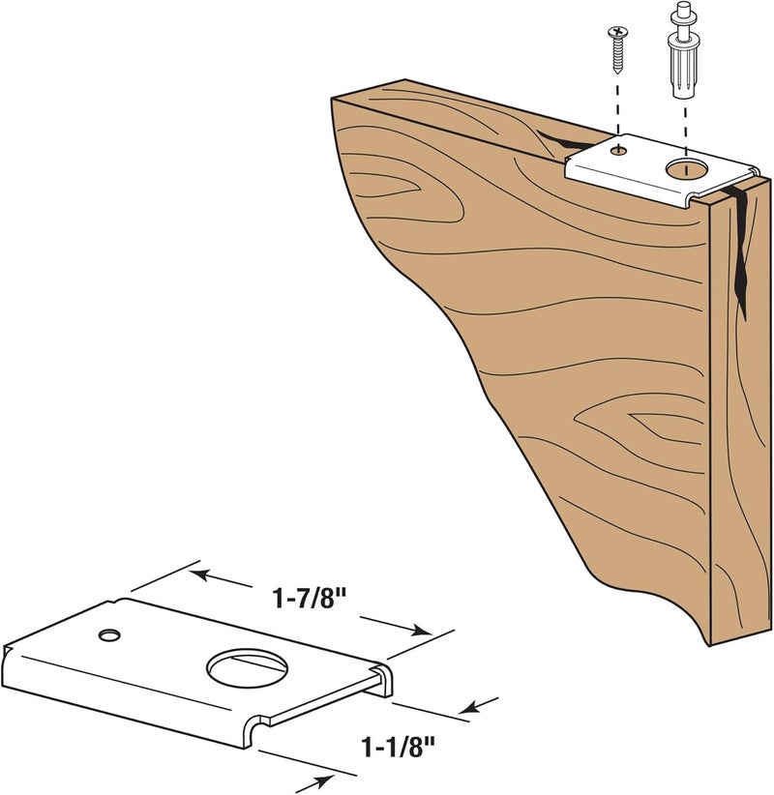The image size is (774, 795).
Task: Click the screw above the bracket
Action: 617,47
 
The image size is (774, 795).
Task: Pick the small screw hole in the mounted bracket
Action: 618,150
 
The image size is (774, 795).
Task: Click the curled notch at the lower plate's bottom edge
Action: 257,724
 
